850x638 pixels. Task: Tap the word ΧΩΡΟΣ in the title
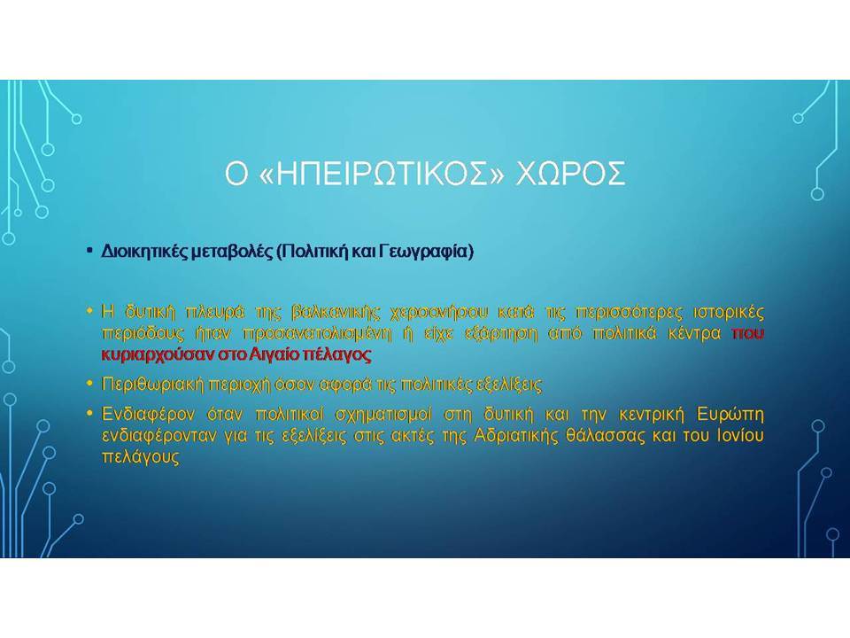(x=570, y=174)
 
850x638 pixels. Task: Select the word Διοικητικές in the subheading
(x=144, y=252)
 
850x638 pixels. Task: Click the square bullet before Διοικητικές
(x=89, y=251)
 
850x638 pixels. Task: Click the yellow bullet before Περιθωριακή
(x=89, y=384)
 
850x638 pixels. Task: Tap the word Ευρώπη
(x=730, y=415)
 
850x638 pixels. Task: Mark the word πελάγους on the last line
(x=141, y=457)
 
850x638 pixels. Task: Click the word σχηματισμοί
(x=383, y=415)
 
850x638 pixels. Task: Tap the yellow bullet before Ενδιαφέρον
(x=89, y=414)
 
